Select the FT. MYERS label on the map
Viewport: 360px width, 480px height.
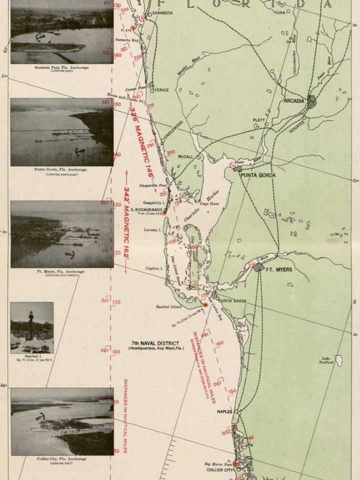pyautogui.click(x=279, y=269)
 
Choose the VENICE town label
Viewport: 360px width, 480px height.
pyautogui.click(x=162, y=90)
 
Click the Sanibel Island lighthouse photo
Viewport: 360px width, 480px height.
pyautogui.click(x=31, y=327)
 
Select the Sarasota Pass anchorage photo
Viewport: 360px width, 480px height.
pyautogui.click(x=62, y=31)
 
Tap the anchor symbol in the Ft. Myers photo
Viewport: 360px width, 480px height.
pyautogui.click(x=70, y=255)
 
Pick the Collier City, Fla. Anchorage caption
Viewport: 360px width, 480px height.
pyautogui.click(x=62, y=459)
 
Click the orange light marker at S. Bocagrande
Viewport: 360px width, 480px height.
pyautogui.click(x=164, y=212)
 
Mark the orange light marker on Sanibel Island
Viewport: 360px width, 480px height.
pyautogui.click(x=205, y=304)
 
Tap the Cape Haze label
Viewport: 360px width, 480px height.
pyautogui.click(x=210, y=204)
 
